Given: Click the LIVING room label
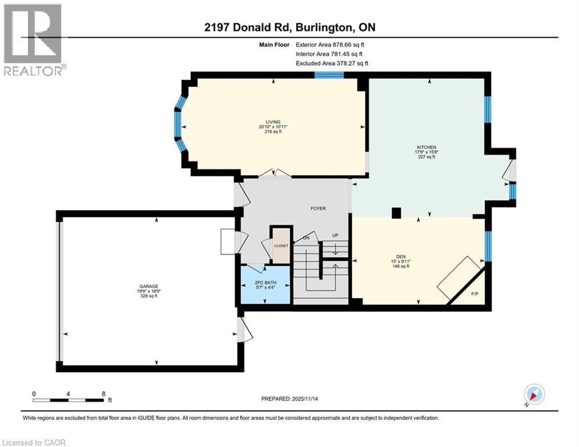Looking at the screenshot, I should pos(273,121).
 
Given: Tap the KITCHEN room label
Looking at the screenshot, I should pos(430,147).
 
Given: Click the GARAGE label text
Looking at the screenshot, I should pos(147,286).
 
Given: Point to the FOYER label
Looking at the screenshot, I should pos(318,208).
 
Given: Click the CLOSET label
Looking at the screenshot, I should pos(281,246).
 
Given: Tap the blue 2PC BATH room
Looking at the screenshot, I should pos(265,285).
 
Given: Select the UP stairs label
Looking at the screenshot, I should pos(335,235).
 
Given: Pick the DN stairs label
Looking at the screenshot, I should pos(307,238).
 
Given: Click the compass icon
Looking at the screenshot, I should pos(534,394).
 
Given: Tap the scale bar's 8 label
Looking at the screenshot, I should pos(103,393).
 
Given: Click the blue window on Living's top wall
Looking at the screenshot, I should pos(329,74).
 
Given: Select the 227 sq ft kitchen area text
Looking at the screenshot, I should pos(430,157).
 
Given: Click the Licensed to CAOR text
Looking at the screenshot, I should pos(34,442).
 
